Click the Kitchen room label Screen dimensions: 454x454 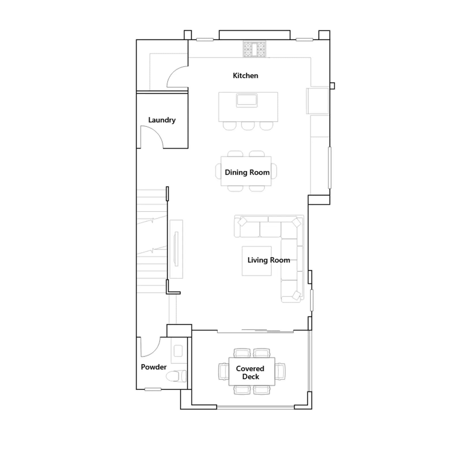tap(245, 75)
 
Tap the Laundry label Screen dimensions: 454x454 tap(162, 120)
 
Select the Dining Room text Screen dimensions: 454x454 tap(247, 172)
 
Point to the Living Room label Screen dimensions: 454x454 tap(269, 260)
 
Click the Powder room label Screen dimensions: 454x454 tap(154, 367)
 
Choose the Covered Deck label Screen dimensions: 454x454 tap(250, 373)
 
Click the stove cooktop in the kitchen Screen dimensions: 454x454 tap(255, 49)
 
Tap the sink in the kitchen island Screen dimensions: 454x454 tap(247, 100)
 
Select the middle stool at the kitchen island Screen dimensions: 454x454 tap(248, 126)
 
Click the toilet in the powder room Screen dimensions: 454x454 tap(176, 376)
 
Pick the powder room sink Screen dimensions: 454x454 tap(178, 351)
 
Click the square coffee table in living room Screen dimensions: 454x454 tap(257, 261)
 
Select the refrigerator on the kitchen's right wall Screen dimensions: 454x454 tap(318, 101)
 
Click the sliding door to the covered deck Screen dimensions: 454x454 tap(255, 331)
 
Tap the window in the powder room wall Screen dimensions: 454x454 tap(153, 389)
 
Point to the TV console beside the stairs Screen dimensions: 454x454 tap(176, 249)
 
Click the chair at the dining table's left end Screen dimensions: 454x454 tap(218, 171)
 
